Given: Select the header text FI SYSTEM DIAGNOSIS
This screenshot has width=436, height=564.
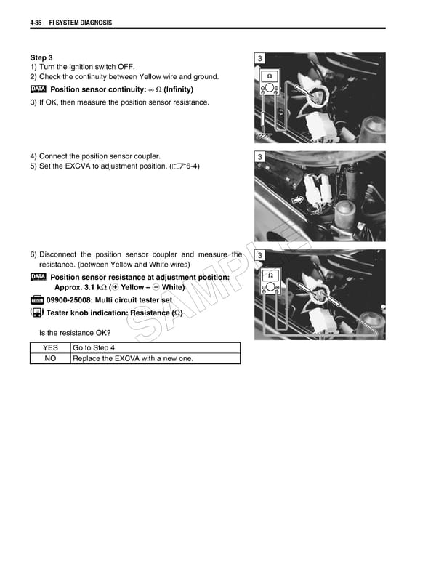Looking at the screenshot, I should click(x=80, y=23).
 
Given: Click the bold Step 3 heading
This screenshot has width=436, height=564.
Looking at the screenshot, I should click(x=41, y=57).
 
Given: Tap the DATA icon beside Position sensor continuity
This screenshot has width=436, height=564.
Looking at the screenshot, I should click(x=39, y=89).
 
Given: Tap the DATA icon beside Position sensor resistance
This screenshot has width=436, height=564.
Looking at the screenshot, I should click(x=39, y=277).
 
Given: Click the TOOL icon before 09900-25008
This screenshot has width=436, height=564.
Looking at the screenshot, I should click(x=37, y=300).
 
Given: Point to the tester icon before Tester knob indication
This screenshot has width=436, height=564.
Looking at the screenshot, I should click(x=36, y=313).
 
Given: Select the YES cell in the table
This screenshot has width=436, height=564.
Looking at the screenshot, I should click(x=50, y=348).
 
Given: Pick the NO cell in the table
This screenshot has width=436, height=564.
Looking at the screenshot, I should click(x=50, y=358).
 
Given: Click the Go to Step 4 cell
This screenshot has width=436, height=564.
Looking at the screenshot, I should click(x=94, y=348).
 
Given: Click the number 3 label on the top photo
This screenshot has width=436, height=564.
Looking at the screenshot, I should click(x=260, y=59).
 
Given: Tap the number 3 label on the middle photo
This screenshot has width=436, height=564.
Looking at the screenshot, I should click(x=260, y=158).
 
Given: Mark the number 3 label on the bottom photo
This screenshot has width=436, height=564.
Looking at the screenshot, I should click(x=260, y=256).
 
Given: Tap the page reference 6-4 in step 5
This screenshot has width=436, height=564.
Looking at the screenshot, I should click(x=192, y=166).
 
